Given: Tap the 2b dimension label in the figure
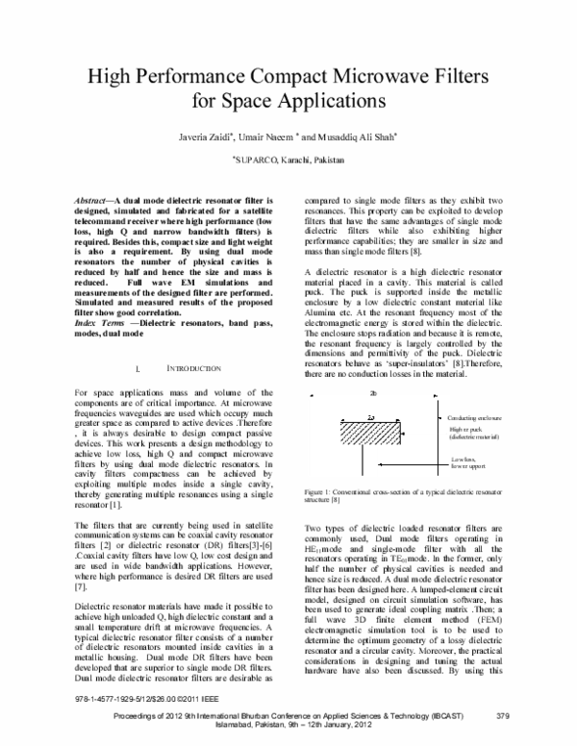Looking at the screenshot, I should [372, 393].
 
